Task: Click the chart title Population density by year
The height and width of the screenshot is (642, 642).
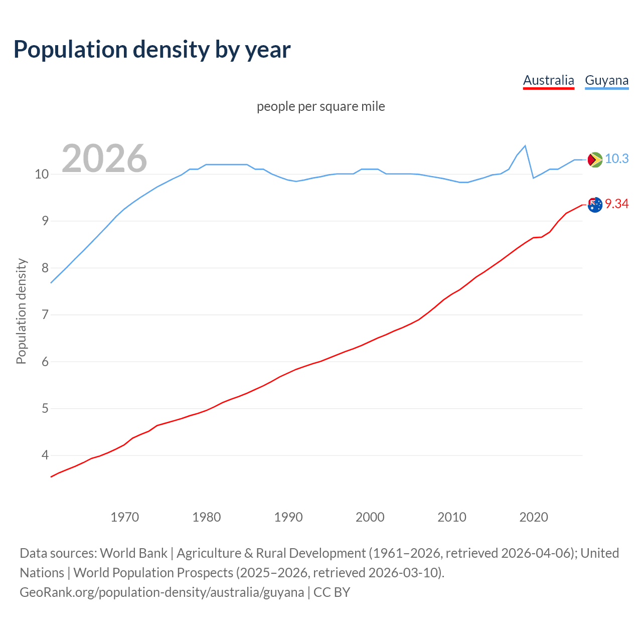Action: click(152, 50)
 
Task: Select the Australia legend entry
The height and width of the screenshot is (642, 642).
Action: click(548, 80)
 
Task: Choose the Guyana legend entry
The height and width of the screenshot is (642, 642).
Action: click(606, 80)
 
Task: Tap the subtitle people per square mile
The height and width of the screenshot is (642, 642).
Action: click(320, 106)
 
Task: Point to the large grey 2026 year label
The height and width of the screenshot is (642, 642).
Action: click(104, 158)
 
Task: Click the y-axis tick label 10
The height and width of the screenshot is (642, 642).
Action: click(42, 175)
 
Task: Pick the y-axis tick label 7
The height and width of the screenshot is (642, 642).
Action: click(45, 315)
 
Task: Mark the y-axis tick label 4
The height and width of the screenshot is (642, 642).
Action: click(45, 455)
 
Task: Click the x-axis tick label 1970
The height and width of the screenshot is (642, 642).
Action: click(124, 517)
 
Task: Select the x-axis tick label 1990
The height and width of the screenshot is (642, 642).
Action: click(288, 517)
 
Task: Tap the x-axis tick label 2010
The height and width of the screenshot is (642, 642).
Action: click(451, 517)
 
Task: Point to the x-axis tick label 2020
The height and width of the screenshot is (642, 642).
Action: click(533, 517)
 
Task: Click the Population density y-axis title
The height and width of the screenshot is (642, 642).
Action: click(21, 311)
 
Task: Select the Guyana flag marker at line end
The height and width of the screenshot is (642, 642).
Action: click(594, 159)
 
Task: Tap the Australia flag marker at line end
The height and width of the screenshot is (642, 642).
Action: click(594, 205)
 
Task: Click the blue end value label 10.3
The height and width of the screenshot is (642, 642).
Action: click(616, 159)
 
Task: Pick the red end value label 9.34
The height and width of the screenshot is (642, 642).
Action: click(616, 204)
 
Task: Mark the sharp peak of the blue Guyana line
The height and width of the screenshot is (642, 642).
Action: click(525, 146)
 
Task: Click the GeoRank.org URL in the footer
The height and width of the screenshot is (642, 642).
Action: click(162, 592)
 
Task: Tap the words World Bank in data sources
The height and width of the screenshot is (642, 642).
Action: click(133, 553)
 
